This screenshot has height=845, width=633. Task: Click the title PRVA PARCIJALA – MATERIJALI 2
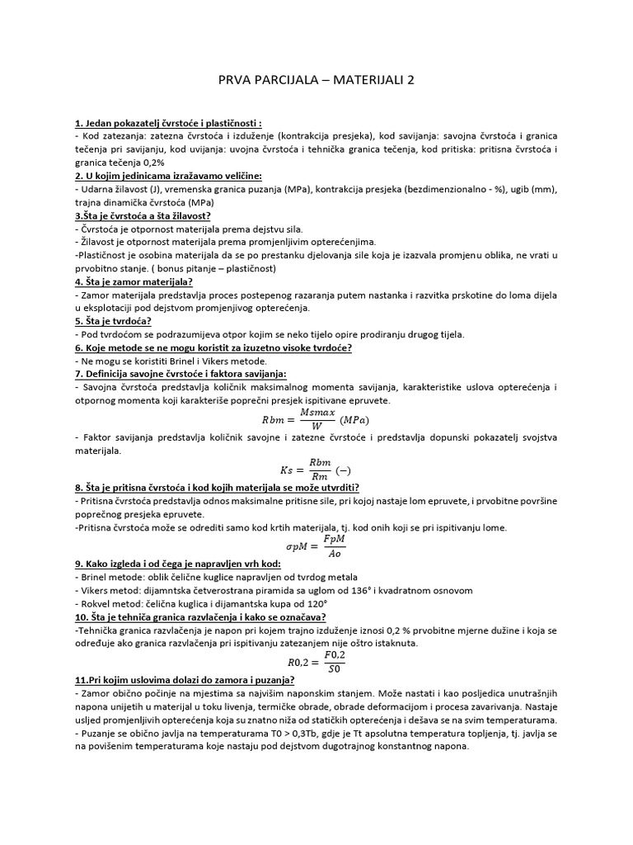[x=316, y=81]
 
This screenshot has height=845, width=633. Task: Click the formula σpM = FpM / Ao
[x=316, y=546]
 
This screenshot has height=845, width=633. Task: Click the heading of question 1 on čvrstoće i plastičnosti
[x=157, y=124]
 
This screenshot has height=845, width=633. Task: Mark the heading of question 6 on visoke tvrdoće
[x=213, y=347]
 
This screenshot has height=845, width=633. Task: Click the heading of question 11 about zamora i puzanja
[x=185, y=681]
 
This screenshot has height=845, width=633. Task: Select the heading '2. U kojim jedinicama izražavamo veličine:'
[x=168, y=176]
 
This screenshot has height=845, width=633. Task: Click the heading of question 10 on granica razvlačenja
[x=200, y=616]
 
